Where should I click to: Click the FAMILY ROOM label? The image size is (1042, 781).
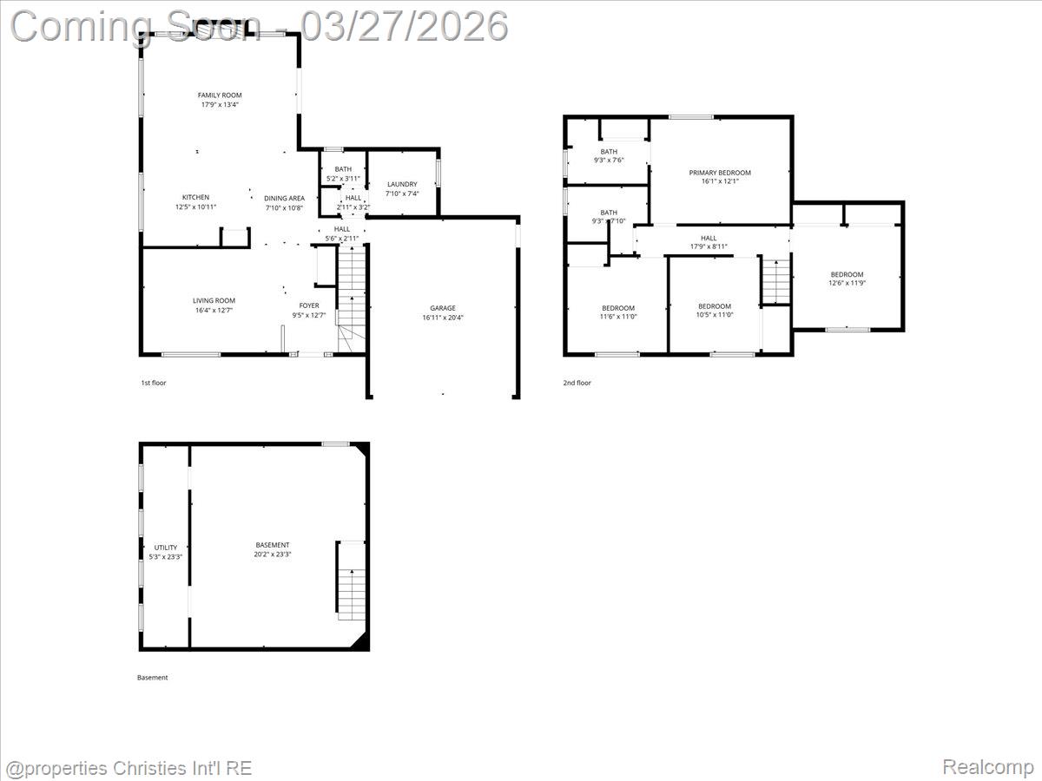click(219, 95)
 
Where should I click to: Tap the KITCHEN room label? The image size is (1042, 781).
click(195, 197)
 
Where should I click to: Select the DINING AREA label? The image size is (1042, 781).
click(284, 199)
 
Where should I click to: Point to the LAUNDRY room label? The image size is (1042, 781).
click(402, 184)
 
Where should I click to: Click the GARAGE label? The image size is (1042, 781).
click(443, 308)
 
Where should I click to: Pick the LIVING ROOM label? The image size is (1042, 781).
click(214, 301)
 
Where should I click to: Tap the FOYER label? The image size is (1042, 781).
click(309, 305)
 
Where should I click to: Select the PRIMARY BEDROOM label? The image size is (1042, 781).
click(720, 173)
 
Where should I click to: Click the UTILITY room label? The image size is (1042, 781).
click(166, 548)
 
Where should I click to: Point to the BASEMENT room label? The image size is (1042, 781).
click(273, 545)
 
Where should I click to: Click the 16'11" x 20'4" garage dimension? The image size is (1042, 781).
click(443, 318)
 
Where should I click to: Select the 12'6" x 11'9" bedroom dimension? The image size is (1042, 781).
click(847, 283)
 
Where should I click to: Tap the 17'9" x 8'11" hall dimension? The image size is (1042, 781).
click(709, 247)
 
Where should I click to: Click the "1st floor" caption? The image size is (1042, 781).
click(153, 383)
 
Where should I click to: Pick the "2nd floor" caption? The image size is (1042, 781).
click(577, 383)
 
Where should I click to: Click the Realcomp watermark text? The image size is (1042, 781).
click(987, 767)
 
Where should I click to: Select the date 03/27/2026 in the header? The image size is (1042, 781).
click(404, 26)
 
